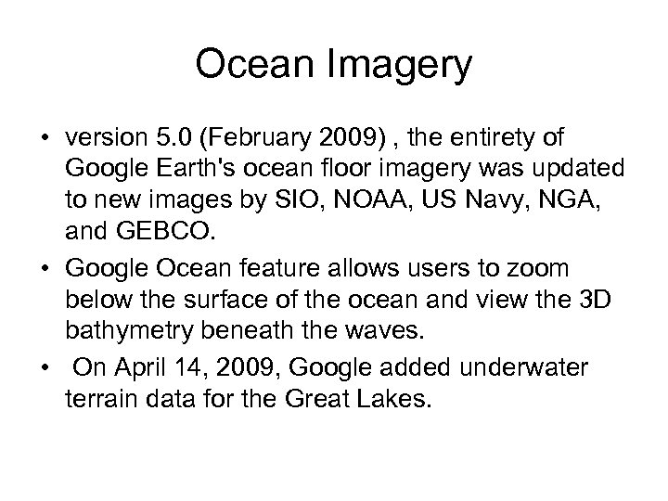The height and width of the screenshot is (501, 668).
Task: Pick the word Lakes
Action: click(404, 400)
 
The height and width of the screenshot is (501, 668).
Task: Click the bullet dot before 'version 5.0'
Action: click(45, 138)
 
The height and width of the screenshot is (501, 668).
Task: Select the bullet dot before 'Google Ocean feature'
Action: click(45, 270)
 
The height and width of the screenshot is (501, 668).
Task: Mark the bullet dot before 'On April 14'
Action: click(45, 368)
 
